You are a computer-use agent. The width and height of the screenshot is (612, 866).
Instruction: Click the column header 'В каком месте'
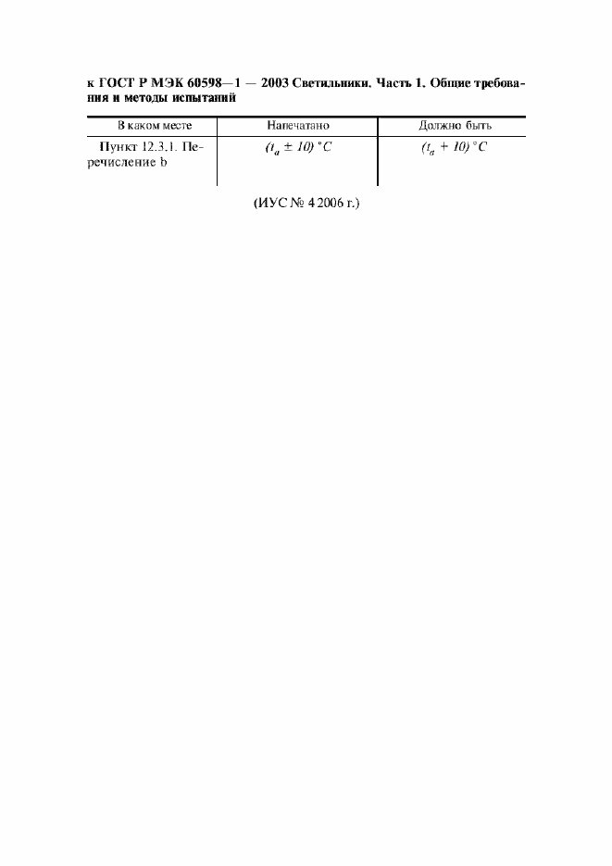[x=155, y=126]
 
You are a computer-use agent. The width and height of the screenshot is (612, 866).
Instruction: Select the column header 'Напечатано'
[x=297, y=126]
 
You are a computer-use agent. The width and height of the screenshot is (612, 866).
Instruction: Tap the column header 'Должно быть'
[x=455, y=126]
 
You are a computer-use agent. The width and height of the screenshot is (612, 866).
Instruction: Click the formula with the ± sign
[x=298, y=148]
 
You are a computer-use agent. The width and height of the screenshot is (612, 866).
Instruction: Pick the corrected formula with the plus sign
[x=454, y=148]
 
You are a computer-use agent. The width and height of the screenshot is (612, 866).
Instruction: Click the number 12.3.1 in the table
[x=160, y=147]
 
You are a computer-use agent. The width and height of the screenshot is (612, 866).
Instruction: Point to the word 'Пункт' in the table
[x=119, y=147]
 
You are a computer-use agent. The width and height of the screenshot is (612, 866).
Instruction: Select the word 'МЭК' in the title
[x=168, y=83]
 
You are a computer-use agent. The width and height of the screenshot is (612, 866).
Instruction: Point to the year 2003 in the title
[x=274, y=83]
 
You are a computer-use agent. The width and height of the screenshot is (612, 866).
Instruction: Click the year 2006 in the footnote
[x=330, y=204]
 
